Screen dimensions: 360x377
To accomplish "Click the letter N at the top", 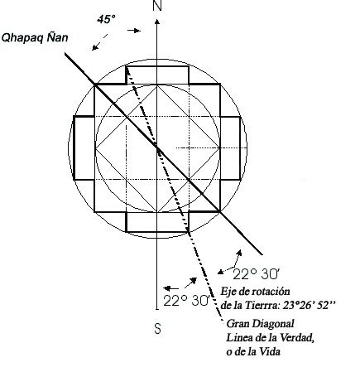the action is (x=157, y=5).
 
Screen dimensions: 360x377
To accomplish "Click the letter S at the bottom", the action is (x=157, y=329).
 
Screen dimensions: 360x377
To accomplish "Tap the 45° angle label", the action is (x=106, y=20).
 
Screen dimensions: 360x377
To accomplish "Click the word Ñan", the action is (x=57, y=36).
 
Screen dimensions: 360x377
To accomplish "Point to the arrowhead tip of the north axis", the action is (x=157, y=19).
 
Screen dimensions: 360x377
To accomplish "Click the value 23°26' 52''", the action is (x=310, y=305).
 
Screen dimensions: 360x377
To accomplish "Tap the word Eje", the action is (x=228, y=292).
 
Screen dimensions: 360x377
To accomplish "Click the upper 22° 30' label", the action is (x=256, y=274).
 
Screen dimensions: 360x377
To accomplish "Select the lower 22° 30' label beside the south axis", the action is (x=187, y=301).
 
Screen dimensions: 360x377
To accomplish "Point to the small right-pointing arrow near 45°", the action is (x=134, y=31).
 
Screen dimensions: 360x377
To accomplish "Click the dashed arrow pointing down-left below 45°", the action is (x=99, y=42).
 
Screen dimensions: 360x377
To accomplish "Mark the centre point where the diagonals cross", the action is (x=157, y=148).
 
